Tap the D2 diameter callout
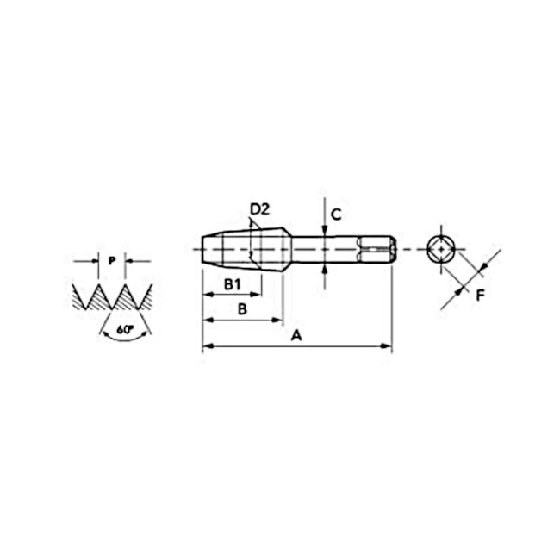point(260,208)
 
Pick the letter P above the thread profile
point(112,260)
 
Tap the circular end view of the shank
point(441,249)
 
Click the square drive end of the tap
point(376,249)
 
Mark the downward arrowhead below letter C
point(324,230)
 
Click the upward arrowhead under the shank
point(324,268)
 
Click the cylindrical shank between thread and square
point(323,249)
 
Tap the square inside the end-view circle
point(441,249)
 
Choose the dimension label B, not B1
point(242,308)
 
